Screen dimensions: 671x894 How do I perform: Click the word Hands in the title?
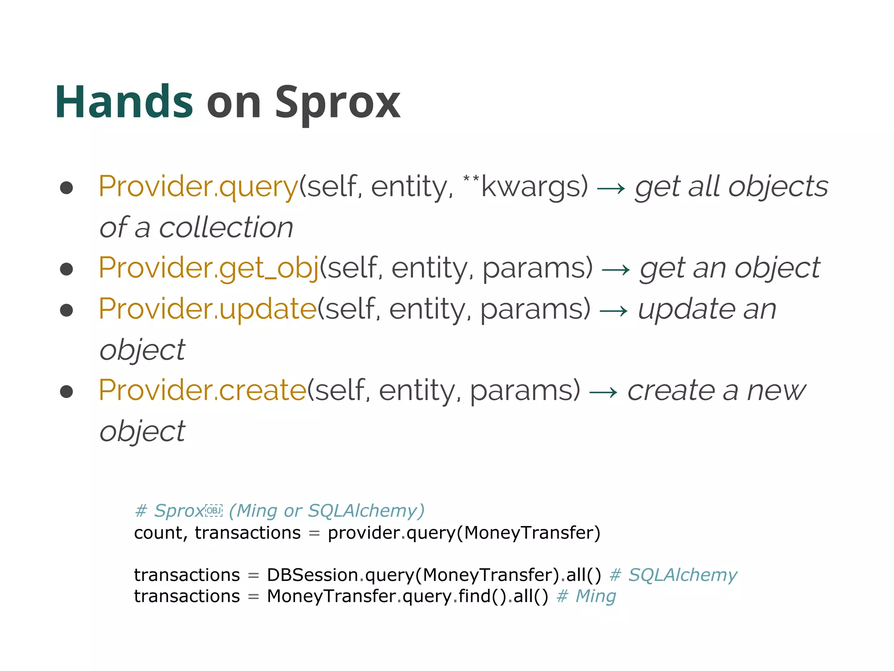point(124,102)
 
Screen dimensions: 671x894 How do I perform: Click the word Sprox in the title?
point(337,102)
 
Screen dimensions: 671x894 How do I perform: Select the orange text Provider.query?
point(198,187)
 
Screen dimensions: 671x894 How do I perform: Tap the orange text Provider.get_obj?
point(209,268)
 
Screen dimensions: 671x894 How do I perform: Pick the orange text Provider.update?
point(207,309)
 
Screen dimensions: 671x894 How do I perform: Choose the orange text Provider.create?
point(203,390)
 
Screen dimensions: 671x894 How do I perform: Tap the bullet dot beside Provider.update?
point(66,310)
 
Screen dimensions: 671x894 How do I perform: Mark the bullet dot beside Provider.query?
point(66,188)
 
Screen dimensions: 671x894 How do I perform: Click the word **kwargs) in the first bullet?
point(526,187)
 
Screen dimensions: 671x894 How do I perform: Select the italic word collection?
point(226,228)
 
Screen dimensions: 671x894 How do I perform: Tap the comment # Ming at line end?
point(586,596)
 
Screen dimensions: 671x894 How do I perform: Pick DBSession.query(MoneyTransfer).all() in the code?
point(434,575)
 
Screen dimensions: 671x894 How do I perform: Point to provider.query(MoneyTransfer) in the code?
point(464,533)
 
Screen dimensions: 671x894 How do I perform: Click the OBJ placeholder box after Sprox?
point(214,511)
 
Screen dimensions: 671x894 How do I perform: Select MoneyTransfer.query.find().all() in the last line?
point(407,596)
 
